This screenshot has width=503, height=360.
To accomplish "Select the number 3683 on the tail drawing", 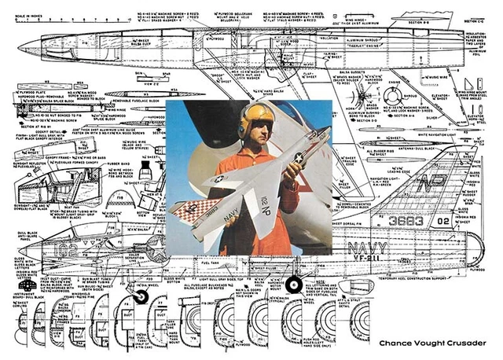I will point(406,222).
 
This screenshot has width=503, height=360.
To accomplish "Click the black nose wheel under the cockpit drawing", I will point(142,296).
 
